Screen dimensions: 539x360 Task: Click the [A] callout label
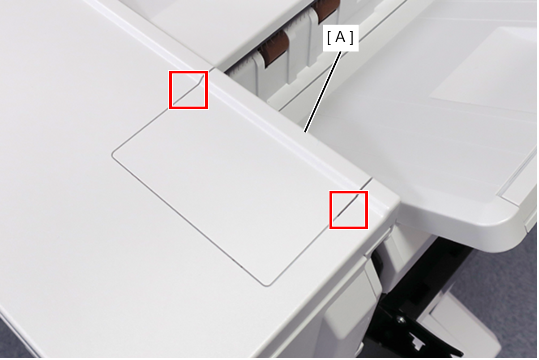pyautogui.click(x=341, y=38)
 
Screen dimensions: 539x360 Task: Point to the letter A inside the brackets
pyautogui.click(x=340, y=38)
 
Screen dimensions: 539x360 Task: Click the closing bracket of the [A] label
pyautogui.click(x=352, y=38)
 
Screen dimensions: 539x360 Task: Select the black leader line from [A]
pyautogui.click(x=323, y=92)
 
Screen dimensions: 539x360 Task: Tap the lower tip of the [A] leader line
pyautogui.click(x=305, y=132)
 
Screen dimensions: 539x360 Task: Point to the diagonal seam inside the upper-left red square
pyautogui.click(x=188, y=91)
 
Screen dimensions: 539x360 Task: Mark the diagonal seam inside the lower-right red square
pyautogui.click(x=348, y=206)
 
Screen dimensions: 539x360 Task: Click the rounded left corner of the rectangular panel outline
pyautogui.click(x=113, y=154)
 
